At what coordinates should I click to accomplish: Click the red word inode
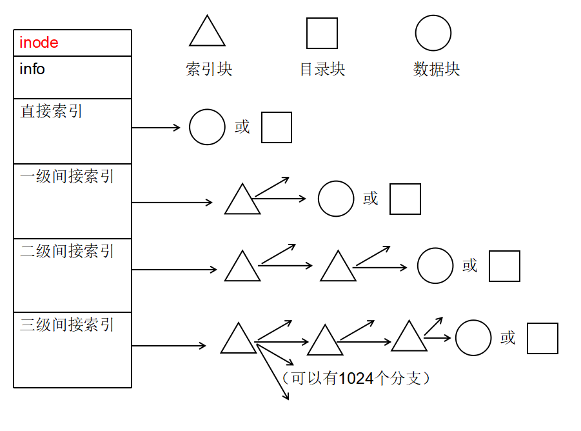tap(39, 43)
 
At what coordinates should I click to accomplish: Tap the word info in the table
tap(32, 69)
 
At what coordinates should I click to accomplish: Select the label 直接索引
tap(52, 112)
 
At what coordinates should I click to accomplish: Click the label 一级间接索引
tap(67, 176)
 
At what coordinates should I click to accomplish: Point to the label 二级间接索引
tap(67, 251)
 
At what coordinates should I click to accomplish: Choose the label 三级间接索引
tap(67, 325)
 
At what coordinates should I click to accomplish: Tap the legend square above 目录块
tap(322, 34)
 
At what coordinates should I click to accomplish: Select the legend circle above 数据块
tap(433, 33)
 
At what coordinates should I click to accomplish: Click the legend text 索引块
tap(209, 69)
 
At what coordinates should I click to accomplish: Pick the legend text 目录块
tap(322, 69)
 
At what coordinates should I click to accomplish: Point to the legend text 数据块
tap(437, 69)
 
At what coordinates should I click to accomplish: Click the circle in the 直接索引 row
tap(207, 127)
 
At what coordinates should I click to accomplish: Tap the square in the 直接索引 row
tap(276, 127)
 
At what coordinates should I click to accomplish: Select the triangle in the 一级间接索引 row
tap(242, 201)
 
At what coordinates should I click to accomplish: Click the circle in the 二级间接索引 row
tap(435, 266)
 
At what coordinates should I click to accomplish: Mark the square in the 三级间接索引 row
tap(542, 338)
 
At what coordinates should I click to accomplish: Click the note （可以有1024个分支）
tap(355, 378)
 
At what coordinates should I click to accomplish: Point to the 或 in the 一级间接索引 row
tap(370, 199)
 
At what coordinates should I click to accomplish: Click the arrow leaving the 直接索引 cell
tap(156, 128)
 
